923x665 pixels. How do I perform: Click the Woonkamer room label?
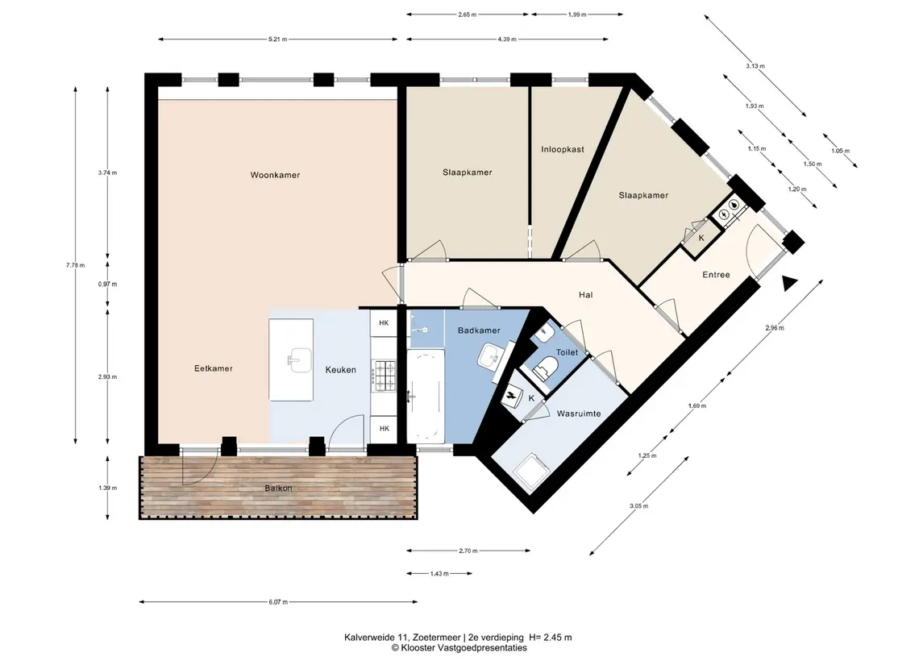[x=275, y=175]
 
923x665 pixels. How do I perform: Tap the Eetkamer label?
[x=213, y=368]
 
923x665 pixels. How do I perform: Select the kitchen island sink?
[x=300, y=360]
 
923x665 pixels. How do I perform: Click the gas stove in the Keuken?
[x=383, y=376]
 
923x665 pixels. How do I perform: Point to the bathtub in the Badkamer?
[x=426, y=396]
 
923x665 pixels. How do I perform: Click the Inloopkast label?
[x=563, y=149]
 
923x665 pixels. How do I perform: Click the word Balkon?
[x=278, y=488]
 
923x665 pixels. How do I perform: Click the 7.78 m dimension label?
[x=75, y=265]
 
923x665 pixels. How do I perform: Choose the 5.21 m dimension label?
[x=278, y=39]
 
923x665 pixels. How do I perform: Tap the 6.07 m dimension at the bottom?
[x=278, y=602]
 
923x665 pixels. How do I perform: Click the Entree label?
[x=716, y=275]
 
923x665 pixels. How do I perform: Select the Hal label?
[x=585, y=295]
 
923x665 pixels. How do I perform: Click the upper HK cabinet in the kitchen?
[x=384, y=322]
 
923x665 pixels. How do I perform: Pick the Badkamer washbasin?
[x=490, y=356]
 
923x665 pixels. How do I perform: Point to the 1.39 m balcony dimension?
[x=108, y=488]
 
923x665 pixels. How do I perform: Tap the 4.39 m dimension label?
[x=507, y=39]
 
